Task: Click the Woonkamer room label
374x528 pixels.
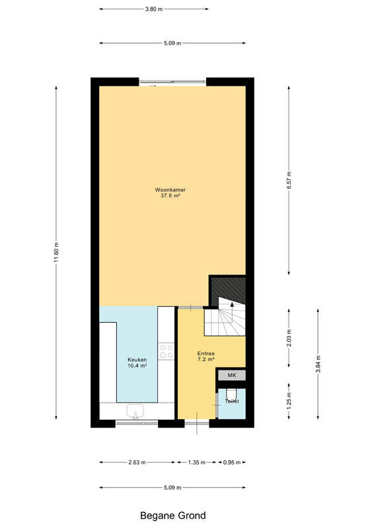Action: (170, 189)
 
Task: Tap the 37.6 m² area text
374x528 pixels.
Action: (170, 195)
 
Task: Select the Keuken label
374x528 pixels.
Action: (137, 360)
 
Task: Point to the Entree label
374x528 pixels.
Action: (206, 354)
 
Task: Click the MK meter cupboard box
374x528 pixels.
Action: (232, 375)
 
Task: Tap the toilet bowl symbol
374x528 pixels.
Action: (232, 394)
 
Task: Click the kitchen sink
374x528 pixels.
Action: (135, 411)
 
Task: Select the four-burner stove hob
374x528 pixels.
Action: (167, 351)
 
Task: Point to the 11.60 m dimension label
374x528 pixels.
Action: (56, 252)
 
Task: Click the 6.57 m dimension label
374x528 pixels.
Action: (289, 180)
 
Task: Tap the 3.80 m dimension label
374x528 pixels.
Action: (154, 9)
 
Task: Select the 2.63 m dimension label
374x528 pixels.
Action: (137, 463)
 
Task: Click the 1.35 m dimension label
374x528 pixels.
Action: (197, 463)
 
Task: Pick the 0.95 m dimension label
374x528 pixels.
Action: (232, 463)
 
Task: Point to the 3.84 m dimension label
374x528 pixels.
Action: (318, 364)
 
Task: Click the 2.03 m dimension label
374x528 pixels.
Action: (289, 338)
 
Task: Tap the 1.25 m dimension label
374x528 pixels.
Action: (289, 401)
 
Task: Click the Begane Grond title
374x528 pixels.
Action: (172, 515)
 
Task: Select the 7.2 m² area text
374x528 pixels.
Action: (206, 359)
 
